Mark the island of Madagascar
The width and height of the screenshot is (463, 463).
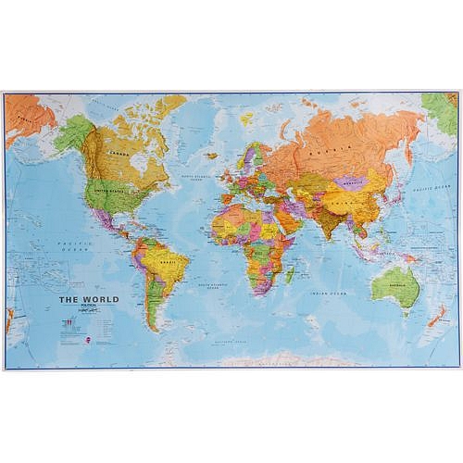290,274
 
